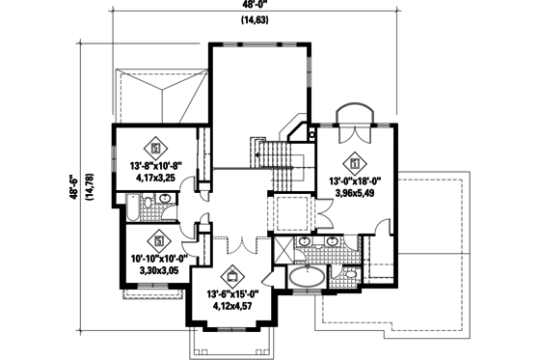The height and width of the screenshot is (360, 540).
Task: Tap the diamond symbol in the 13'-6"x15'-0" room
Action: (x=229, y=273)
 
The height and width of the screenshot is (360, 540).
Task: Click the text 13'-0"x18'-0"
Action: (x=356, y=179)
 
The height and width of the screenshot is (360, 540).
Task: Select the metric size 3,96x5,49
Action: (x=356, y=191)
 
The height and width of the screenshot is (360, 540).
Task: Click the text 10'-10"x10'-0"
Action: (x=157, y=259)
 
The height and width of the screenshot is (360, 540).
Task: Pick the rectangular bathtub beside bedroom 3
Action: (x=130, y=208)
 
